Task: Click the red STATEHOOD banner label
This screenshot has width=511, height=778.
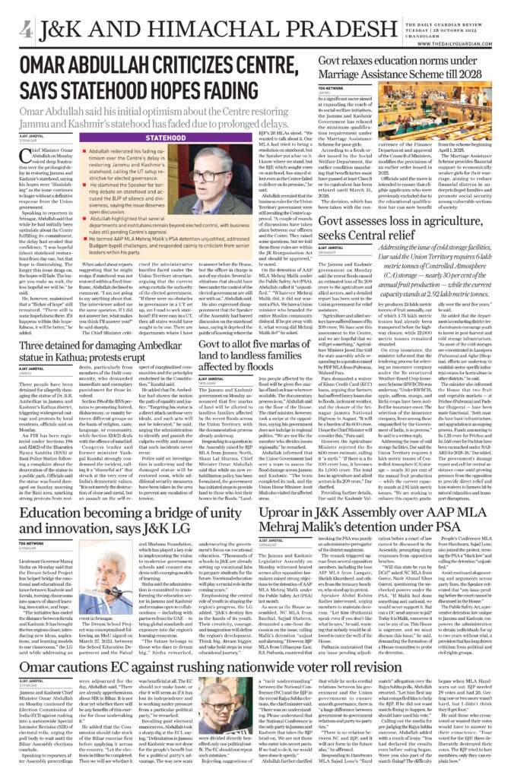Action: (x=155, y=138)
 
